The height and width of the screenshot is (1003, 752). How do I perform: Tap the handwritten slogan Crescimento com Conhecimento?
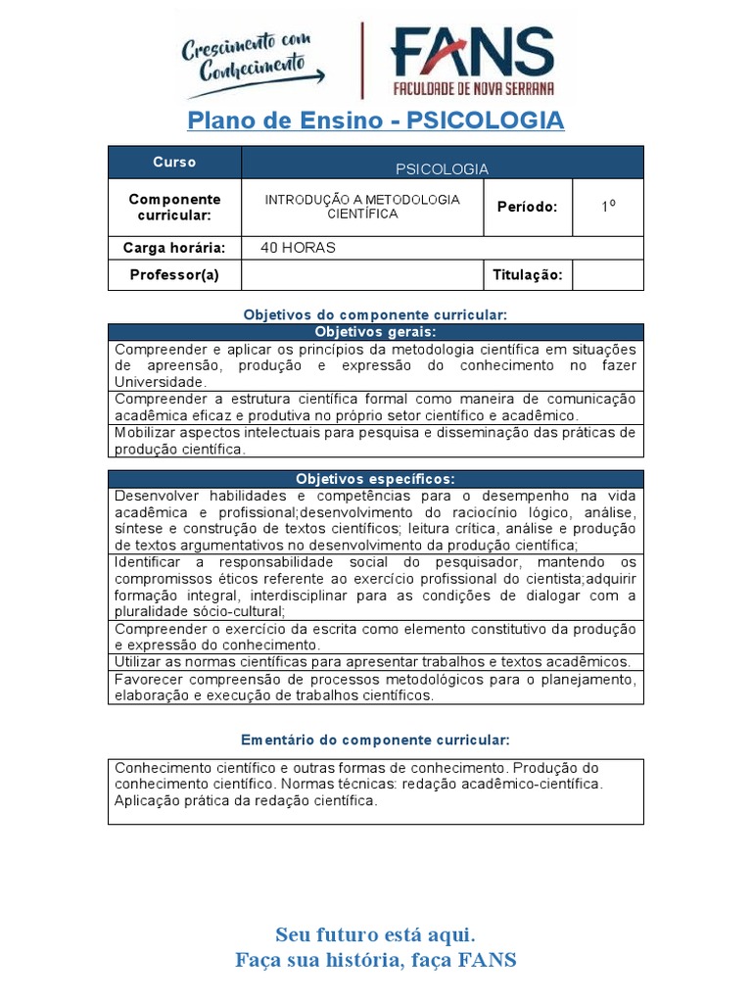click(x=252, y=60)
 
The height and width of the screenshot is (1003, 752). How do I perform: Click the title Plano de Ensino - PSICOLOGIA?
click(x=376, y=120)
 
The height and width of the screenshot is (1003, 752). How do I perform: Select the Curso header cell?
click(x=174, y=163)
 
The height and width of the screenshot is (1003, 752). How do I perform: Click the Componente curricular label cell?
click(x=174, y=207)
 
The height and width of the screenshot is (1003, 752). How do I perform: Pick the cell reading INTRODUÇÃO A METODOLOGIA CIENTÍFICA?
click(x=362, y=207)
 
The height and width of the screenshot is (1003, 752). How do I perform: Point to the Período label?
click(x=527, y=207)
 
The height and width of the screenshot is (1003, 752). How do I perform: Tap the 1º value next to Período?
click(x=608, y=207)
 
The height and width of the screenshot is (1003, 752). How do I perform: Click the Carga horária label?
click(x=174, y=248)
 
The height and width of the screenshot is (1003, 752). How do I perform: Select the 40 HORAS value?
click(x=298, y=248)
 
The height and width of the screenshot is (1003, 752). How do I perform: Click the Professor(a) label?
click(x=174, y=275)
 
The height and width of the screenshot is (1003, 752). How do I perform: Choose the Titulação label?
click(x=527, y=275)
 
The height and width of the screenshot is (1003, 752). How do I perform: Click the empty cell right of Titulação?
click(x=608, y=275)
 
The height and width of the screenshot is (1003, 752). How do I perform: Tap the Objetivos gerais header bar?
click(x=376, y=333)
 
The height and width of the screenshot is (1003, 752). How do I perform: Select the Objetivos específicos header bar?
click(x=376, y=479)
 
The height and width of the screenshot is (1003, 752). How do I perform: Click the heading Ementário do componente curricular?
click(x=376, y=740)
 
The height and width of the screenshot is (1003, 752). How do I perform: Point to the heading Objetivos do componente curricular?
click(x=376, y=314)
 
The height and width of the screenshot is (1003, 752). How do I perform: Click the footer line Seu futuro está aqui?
click(x=376, y=933)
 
